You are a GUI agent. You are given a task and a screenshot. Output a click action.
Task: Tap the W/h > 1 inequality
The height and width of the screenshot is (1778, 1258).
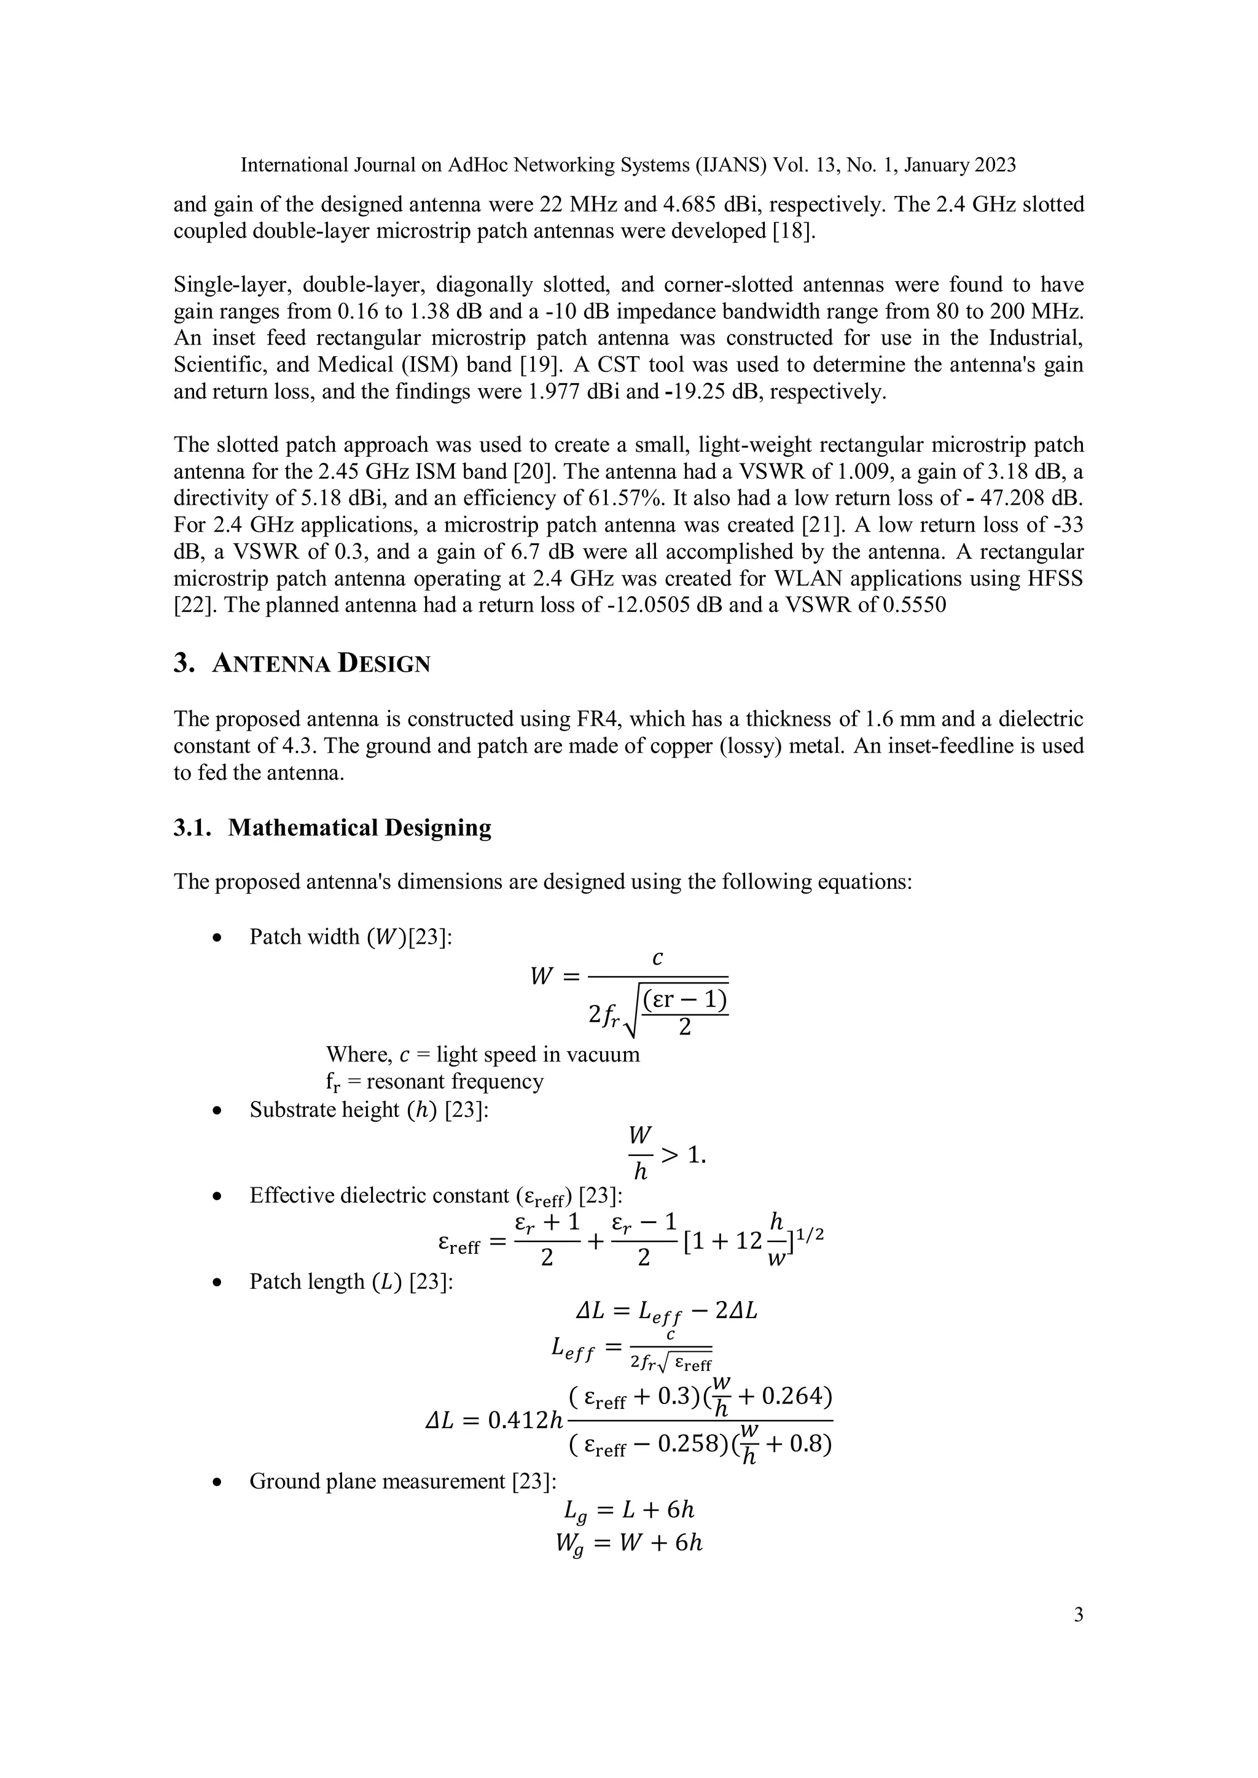(x=666, y=1155)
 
